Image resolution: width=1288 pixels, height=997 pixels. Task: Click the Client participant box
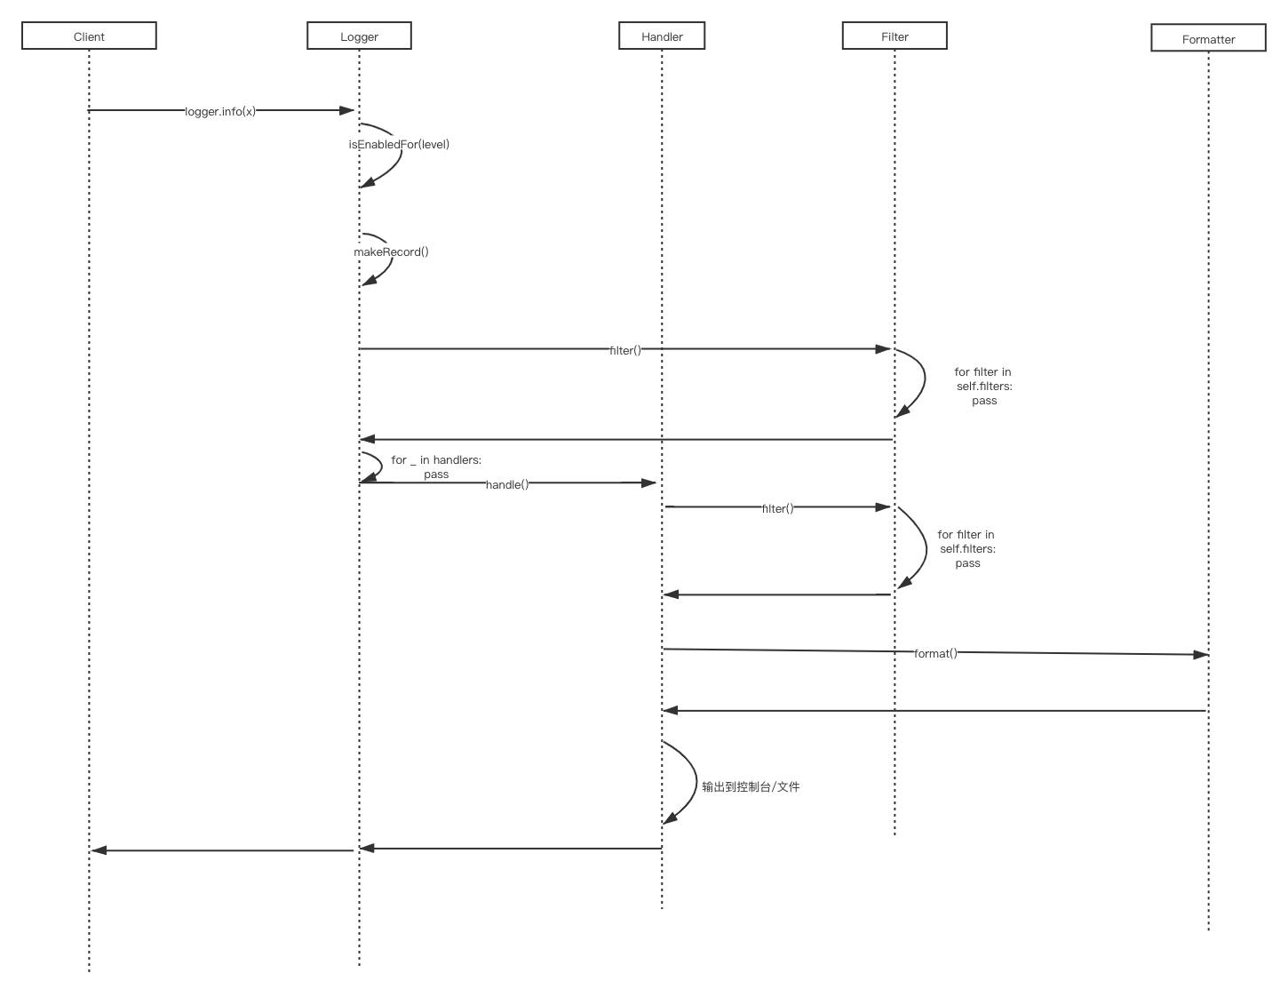tap(89, 36)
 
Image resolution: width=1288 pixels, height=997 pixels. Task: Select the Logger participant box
tap(359, 36)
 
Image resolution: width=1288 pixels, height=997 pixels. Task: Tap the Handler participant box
tap(662, 36)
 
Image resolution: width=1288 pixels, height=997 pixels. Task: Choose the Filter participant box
tap(894, 36)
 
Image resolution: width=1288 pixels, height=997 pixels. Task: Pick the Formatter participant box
tap(1208, 39)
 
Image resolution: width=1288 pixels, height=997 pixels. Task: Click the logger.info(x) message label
tap(220, 111)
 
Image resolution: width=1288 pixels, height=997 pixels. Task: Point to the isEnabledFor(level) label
tap(399, 144)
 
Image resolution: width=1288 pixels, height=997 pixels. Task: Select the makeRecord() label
tap(391, 251)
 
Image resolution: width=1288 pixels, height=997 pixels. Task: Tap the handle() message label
tap(507, 484)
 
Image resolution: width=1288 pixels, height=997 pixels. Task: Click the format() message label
tap(934, 653)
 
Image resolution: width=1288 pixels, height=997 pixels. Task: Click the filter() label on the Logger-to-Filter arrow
tap(624, 350)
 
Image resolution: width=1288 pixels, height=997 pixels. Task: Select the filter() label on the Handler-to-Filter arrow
tap(777, 508)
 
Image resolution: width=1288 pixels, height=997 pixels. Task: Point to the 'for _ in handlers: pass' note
tap(436, 467)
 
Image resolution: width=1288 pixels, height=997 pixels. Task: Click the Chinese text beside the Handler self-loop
tap(751, 786)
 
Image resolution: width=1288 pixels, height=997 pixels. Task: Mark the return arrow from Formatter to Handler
tap(933, 710)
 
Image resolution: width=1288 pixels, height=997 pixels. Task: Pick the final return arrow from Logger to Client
tap(222, 850)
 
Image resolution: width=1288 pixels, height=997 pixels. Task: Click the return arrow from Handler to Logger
tap(511, 848)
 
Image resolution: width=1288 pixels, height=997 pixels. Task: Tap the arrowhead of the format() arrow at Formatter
tap(1201, 655)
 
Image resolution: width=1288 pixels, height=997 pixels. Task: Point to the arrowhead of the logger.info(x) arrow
tap(348, 110)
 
